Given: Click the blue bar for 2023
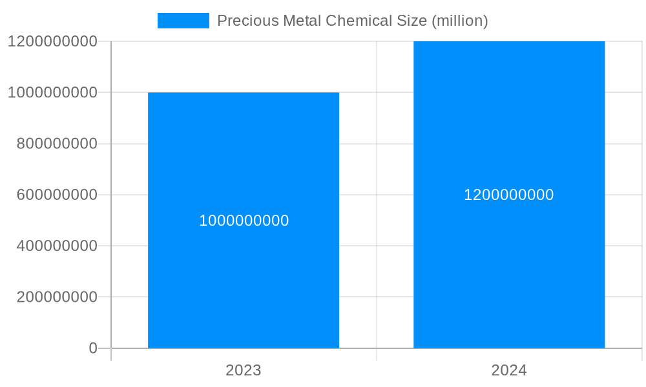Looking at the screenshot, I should pos(244,284).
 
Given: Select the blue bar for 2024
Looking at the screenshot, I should pos(509,271).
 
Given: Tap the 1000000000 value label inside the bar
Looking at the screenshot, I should pos(244,221).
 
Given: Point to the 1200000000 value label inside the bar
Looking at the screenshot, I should pos(509,195).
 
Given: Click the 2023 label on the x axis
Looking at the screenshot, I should pos(244,370).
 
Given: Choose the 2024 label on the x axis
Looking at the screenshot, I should pos(509,370).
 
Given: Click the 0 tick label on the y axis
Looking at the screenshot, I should pos(93,348).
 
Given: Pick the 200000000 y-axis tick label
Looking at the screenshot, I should pos(57,297).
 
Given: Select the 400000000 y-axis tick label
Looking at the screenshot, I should pos(57,246).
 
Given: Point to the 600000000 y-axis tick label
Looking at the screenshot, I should pos(57,195).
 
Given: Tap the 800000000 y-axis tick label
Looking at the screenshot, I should pos(57,144).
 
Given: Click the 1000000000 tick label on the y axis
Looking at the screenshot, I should pos(52,92).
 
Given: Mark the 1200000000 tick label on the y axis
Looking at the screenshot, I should pos(52,41).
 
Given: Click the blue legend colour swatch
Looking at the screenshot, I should pos(183,21).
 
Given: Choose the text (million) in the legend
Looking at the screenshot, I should pos(459,21).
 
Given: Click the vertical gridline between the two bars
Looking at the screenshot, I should pos(377,193).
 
